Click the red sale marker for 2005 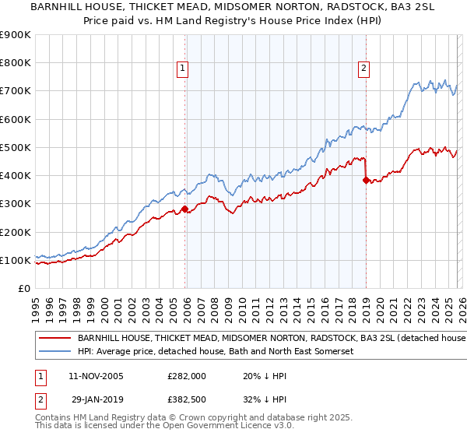tap(184, 209)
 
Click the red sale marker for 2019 tap(366, 180)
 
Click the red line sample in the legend tap(55, 339)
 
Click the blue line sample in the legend tap(55, 352)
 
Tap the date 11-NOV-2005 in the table tap(97, 376)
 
